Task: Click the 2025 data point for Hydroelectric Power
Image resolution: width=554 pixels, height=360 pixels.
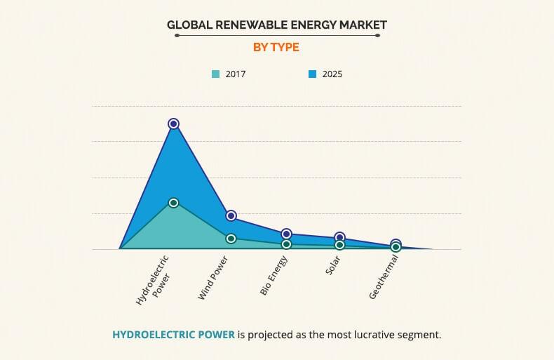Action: pos(173,124)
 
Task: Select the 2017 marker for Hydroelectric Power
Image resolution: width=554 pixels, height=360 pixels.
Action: pos(173,202)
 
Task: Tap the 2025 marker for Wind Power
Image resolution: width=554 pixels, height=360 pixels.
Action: pos(231,215)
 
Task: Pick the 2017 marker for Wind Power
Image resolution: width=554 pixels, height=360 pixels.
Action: pos(231,239)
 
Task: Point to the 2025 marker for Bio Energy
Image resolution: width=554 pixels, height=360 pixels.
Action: pos(286,234)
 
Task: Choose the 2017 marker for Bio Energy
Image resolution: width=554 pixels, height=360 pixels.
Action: pos(286,244)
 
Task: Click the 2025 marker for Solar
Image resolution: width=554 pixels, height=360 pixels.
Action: pos(340,237)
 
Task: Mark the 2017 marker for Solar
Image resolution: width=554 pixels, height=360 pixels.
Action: pos(340,245)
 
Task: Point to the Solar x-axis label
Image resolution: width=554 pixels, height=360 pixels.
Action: pos(334,267)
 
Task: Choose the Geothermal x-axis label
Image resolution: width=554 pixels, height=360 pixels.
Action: pos(384,278)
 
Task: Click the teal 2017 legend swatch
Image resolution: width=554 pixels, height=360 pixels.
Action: pos(215,74)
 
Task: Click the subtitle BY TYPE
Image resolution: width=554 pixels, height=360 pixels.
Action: pos(276,47)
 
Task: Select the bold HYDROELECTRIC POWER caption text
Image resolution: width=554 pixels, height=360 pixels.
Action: pos(173,334)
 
